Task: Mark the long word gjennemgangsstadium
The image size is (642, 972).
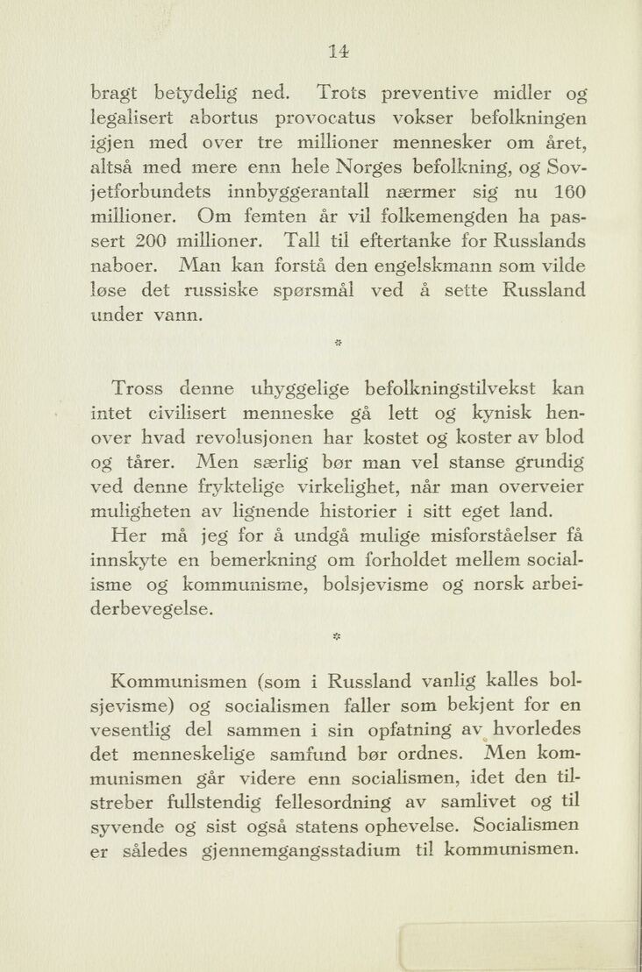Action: coord(302,849)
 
